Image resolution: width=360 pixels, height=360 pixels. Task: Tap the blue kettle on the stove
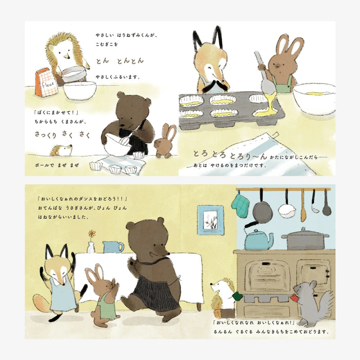[258, 239]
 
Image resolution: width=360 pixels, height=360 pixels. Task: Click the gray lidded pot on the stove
[305, 239]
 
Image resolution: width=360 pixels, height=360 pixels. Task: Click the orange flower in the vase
[92, 233]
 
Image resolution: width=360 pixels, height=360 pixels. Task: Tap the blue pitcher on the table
[112, 247]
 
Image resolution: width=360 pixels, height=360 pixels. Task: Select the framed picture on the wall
[210, 220]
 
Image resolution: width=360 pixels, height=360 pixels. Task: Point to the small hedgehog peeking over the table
[61, 150]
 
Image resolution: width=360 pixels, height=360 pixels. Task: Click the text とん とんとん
[120, 60]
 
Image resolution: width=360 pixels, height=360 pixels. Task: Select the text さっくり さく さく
[62, 134]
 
